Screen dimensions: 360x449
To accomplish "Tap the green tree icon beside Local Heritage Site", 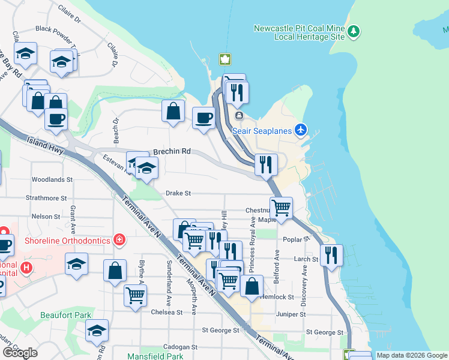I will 354,30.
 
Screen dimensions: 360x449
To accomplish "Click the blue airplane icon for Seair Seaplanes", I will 301,130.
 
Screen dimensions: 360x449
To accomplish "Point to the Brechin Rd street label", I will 171,152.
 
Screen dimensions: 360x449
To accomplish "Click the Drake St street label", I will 178,193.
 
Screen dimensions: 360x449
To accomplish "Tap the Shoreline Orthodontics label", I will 67,241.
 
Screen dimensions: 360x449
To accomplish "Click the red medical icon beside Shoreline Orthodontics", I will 119,240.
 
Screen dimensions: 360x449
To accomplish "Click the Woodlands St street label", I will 52,179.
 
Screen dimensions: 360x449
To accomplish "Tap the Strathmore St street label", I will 46,197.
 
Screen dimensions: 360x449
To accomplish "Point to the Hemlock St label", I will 280,297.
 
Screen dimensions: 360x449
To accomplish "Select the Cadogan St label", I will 181,347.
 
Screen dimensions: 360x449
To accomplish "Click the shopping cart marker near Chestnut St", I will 281,208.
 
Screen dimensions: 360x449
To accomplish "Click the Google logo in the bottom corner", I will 20,353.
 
